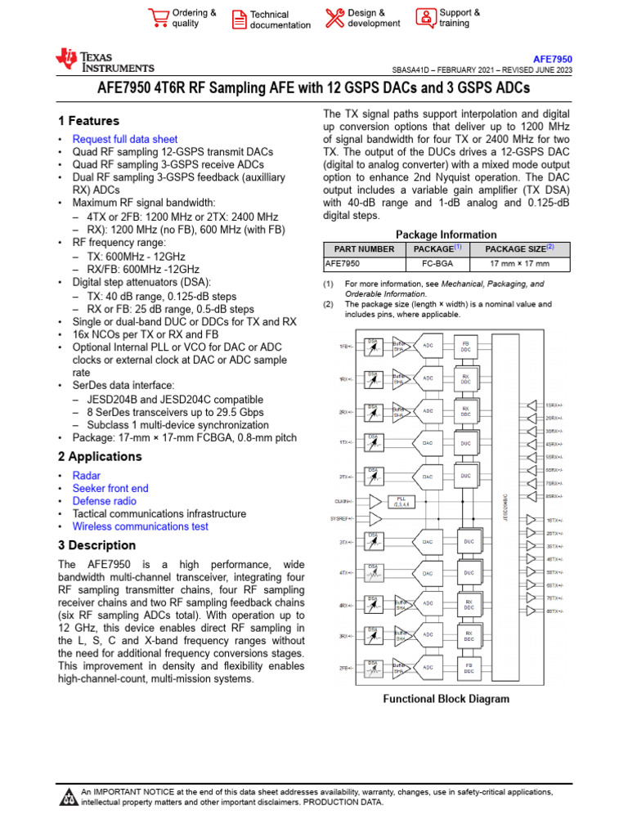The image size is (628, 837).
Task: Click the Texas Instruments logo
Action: click(x=104, y=60)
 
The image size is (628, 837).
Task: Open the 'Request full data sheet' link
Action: click(x=124, y=139)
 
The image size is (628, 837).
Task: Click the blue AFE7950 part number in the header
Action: click(x=553, y=60)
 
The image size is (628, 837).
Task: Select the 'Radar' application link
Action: click(x=87, y=475)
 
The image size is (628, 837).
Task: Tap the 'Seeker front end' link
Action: click(x=110, y=488)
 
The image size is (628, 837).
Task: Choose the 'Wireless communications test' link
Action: click(x=140, y=526)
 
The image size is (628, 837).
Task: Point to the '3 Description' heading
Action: click(x=96, y=545)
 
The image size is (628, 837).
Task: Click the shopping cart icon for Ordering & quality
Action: click(x=158, y=17)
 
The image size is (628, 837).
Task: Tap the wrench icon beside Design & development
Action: click(x=334, y=17)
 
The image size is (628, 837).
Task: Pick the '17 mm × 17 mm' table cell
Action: click(x=519, y=264)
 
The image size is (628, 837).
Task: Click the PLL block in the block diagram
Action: click(x=401, y=500)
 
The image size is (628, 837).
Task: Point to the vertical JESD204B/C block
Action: click(x=507, y=507)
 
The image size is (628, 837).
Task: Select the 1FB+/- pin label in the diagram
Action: click(x=346, y=347)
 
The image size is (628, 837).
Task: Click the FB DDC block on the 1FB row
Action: click(x=466, y=347)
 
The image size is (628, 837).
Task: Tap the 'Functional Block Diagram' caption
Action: click(x=446, y=699)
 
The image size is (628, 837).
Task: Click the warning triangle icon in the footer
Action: click(x=69, y=796)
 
